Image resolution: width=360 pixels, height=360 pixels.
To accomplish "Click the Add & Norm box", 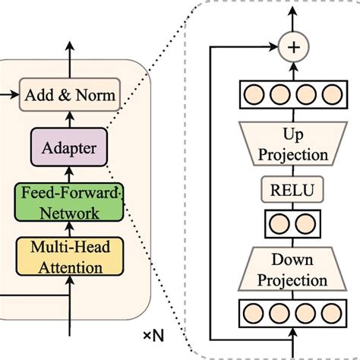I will point(70,96).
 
